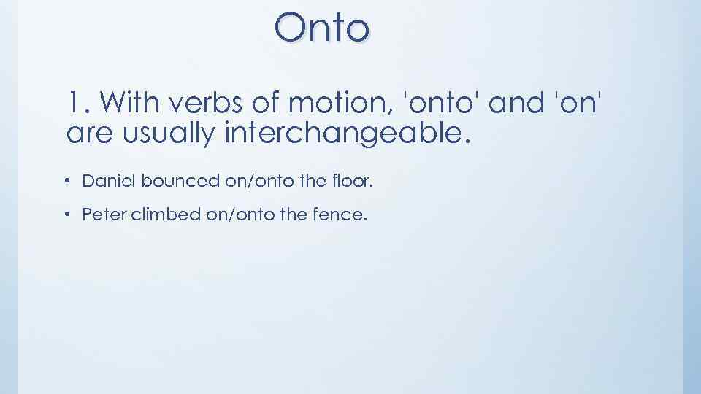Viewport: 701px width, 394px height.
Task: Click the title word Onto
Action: tap(322, 28)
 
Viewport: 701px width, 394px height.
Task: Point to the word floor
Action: tap(353, 180)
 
